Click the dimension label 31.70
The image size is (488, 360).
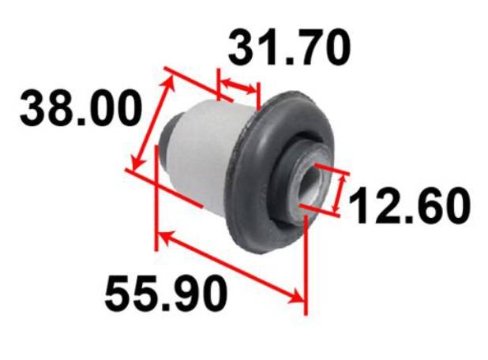point(290,47)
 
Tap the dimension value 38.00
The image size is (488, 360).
point(81,107)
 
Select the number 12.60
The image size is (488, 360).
point(409,205)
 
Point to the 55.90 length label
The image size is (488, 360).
point(166,293)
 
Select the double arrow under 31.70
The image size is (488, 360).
point(238,86)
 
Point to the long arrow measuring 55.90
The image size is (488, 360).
point(231,267)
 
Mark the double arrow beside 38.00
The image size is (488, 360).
point(152,123)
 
